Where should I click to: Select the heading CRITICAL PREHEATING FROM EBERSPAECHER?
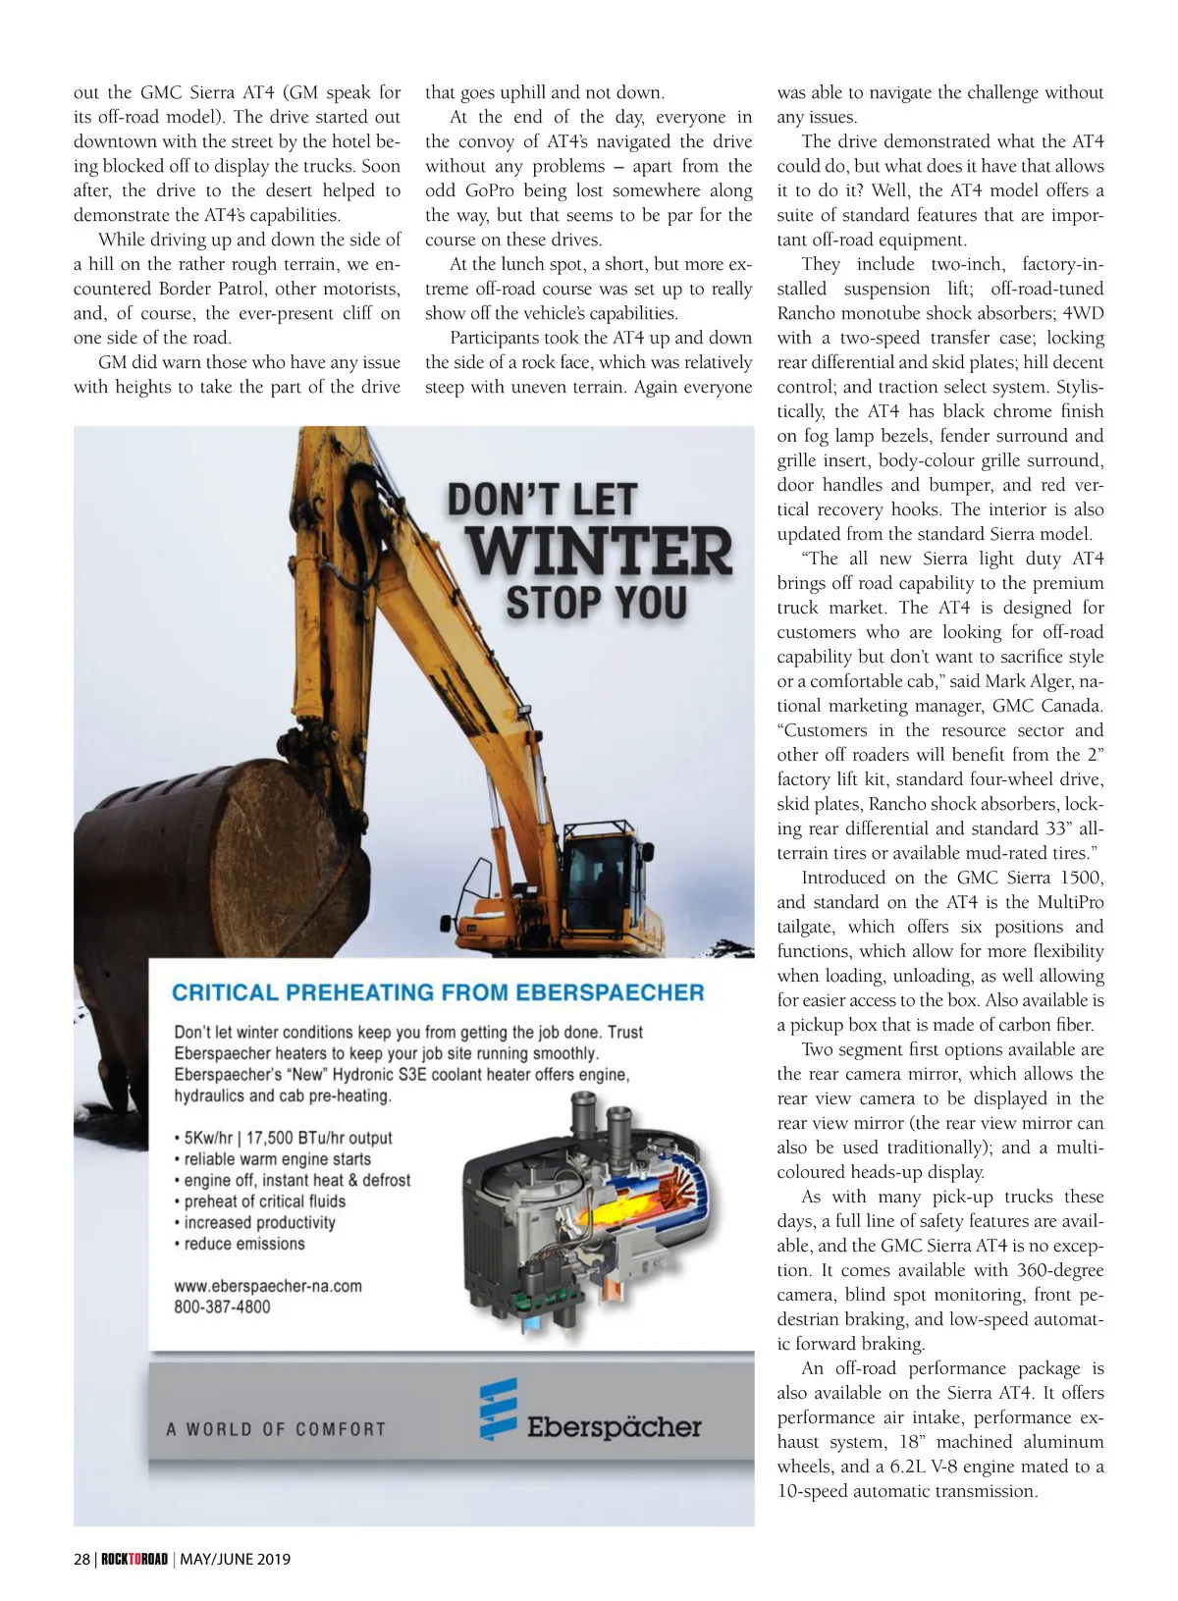(x=438, y=991)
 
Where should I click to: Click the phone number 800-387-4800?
(x=222, y=1307)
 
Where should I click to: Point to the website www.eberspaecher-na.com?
(x=268, y=1286)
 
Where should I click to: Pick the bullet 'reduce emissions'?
(x=244, y=1244)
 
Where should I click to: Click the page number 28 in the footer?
(x=81, y=1559)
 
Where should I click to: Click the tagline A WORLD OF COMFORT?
(x=276, y=1429)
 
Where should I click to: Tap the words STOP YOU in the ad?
(x=596, y=602)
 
